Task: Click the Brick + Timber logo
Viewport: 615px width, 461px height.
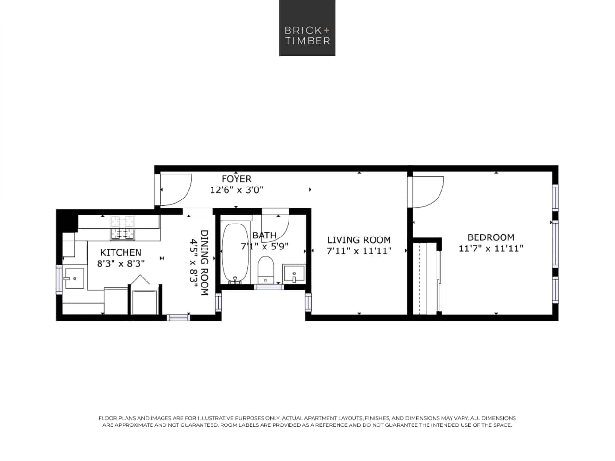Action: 307,28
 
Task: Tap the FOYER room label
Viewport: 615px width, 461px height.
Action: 236,179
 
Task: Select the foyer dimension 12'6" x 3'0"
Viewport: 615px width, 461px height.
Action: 236,190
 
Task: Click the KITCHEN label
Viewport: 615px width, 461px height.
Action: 121,252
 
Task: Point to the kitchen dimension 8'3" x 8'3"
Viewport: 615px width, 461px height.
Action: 121,263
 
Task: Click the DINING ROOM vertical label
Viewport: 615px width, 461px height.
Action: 204,262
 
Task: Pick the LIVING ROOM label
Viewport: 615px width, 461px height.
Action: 359,240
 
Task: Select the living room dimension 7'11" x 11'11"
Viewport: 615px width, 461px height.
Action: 359,251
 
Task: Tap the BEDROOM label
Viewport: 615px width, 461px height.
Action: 490,237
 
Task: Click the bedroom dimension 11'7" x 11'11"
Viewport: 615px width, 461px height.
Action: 490,249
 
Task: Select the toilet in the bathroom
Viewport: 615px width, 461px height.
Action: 265,270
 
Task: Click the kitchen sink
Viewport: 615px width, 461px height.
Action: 74,278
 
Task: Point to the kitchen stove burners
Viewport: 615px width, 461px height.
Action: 122,228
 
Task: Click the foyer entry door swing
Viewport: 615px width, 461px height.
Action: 175,189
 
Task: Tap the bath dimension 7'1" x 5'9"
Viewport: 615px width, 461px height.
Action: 264,247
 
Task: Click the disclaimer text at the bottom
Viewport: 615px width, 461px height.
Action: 307,422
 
